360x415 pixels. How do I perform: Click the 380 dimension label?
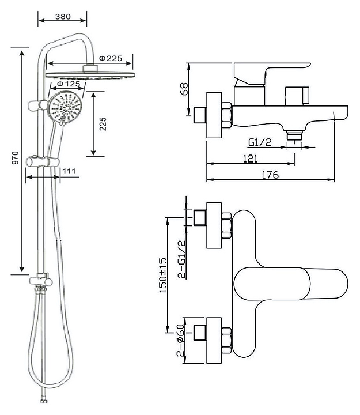click(x=63, y=16)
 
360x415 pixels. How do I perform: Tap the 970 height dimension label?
click(x=16, y=158)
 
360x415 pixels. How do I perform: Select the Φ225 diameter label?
click(x=111, y=58)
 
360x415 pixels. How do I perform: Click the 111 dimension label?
click(x=69, y=171)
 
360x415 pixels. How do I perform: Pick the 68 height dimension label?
click(x=184, y=89)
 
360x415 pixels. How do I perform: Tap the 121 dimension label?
click(x=250, y=159)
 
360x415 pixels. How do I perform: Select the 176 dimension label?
click(x=270, y=175)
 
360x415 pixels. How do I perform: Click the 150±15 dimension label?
click(x=163, y=276)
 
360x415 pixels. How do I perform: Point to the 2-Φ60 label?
click(x=180, y=339)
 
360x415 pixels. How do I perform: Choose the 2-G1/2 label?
click(x=181, y=259)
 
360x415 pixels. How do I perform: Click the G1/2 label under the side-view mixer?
click(x=260, y=142)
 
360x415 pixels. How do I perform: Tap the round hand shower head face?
click(x=65, y=107)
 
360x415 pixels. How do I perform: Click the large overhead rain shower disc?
click(x=90, y=75)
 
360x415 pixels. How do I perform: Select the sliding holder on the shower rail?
click(x=43, y=161)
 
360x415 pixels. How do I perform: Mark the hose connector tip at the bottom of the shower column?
click(x=44, y=401)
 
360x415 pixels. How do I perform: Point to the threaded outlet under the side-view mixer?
click(x=294, y=135)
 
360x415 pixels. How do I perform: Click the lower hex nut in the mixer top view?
click(x=227, y=341)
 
